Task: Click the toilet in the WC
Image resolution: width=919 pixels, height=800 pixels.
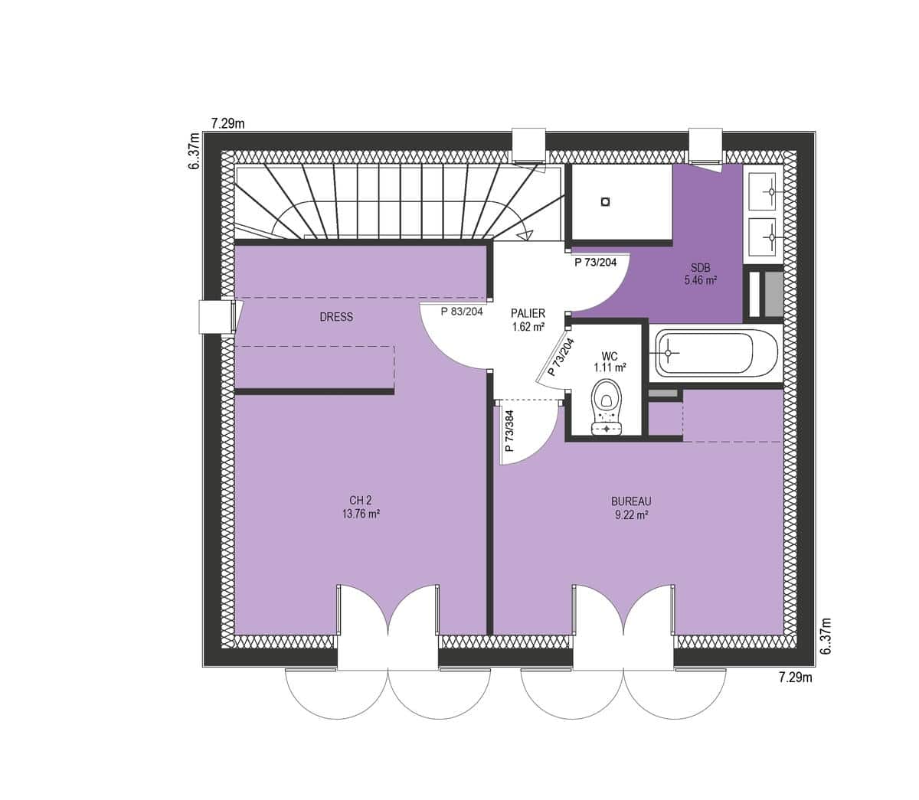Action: tap(607, 407)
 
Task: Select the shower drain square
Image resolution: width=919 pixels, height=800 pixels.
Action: tap(605, 201)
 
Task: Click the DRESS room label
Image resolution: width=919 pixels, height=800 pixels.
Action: tap(336, 317)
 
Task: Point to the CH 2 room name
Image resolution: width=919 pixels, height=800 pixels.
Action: tap(361, 501)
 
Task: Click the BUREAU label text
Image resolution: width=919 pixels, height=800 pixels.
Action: tap(631, 501)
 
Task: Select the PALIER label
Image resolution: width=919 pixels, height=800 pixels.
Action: tap(528, 313)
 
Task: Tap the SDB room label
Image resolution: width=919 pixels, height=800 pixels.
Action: tap(700, 268)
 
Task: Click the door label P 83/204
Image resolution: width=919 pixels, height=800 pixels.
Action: tap(462, 311)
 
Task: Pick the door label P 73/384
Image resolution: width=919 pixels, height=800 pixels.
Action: tap(509, 431)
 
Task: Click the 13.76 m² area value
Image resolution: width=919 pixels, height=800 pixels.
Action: tap(361, 514)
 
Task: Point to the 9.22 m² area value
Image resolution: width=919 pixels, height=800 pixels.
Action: tap(631, 515)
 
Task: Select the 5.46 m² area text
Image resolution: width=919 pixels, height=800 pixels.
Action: tap(700, 281)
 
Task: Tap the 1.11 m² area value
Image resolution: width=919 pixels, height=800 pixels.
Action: tap(610, 367)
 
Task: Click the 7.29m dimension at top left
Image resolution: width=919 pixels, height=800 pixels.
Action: tap(228, 123)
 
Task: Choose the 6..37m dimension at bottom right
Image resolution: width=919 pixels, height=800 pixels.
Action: tap(826, 635)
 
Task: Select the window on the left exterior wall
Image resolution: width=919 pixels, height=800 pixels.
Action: tap(217, 317)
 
